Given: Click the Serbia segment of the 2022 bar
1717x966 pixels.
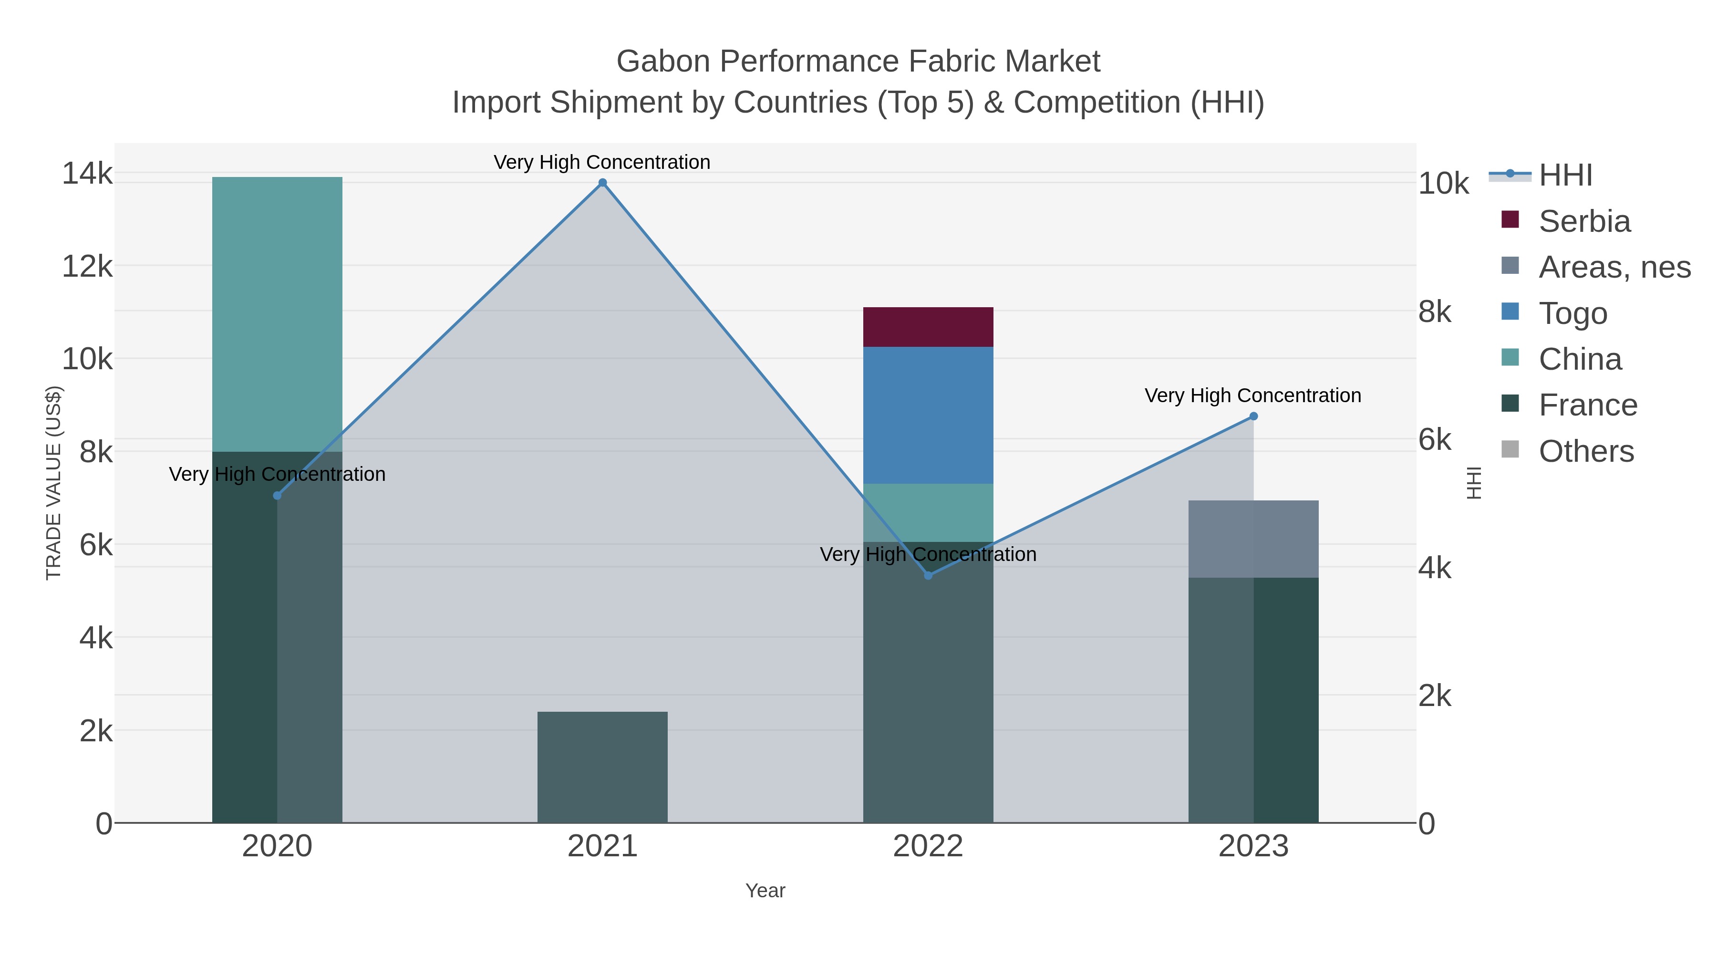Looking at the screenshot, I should click(928, 327).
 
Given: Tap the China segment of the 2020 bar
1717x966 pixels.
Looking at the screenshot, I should click(277, 314).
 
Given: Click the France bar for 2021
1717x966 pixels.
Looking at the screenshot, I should click(602, 767).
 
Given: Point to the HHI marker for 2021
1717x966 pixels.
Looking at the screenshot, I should click(602, 183).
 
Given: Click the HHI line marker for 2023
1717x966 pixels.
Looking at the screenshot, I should click(1253, 416).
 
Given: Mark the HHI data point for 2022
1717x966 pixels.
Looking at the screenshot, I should click(928, 575).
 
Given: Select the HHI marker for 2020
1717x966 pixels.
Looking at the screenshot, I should click(277, 495).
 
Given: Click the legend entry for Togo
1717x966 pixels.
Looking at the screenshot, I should click(1572, 313).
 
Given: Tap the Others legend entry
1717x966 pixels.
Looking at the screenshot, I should click(1586, 451).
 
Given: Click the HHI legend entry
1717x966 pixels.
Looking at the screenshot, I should click(1565, 176).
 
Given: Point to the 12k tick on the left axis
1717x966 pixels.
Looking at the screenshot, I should click(87, 267).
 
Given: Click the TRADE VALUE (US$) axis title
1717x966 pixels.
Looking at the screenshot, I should click(53, 483).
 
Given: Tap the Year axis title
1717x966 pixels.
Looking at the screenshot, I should click(765, 891).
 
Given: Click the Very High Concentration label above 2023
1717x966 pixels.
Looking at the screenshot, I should click(1253, 395).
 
